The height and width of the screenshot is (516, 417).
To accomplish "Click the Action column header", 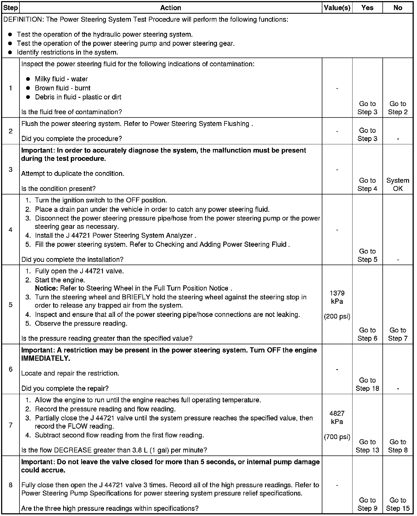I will click(x=170, y=8).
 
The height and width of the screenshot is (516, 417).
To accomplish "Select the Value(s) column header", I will click(x=337, y=8).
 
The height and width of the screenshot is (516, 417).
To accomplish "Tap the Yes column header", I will click(x=367, y=8).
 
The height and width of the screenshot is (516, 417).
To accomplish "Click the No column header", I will click(x=398, y=8).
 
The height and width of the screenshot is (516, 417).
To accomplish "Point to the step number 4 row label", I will click(x=10, y=230).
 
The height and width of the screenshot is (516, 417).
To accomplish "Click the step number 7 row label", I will click(x=10, y=425).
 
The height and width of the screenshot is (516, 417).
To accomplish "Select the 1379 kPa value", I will click(x=337, y=297).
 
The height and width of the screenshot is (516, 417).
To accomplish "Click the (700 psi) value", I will click(x=337, y=437).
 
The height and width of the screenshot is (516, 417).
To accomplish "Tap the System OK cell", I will click(x=398, y=184).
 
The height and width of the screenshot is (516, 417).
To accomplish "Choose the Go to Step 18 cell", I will click(x=367, y=384).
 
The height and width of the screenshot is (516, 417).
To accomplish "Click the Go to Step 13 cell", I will click(x=367, y=446).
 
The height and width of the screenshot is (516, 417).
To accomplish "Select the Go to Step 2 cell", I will click(x=398, y=108).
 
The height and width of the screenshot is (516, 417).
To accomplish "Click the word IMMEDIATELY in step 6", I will click(x=46, y=358).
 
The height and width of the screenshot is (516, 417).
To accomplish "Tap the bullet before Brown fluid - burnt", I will click(x=28, y=88).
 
